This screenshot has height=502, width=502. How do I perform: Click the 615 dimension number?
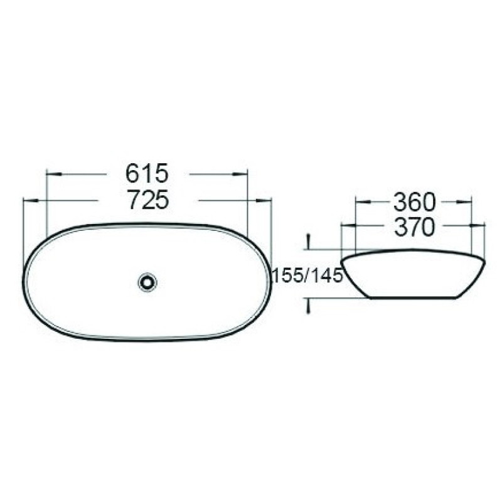click(147, 173)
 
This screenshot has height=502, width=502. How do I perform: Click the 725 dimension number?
click(147, 200)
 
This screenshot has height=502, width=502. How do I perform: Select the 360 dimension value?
click(414, 202)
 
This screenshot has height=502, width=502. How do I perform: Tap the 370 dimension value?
click(415, 227)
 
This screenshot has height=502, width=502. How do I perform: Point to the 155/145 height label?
click(307, 275)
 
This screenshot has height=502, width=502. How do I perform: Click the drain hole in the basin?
click(147, 282)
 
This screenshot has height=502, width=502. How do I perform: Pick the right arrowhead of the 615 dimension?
click(240, 174)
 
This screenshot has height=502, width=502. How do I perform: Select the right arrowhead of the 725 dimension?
click(264, 201)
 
